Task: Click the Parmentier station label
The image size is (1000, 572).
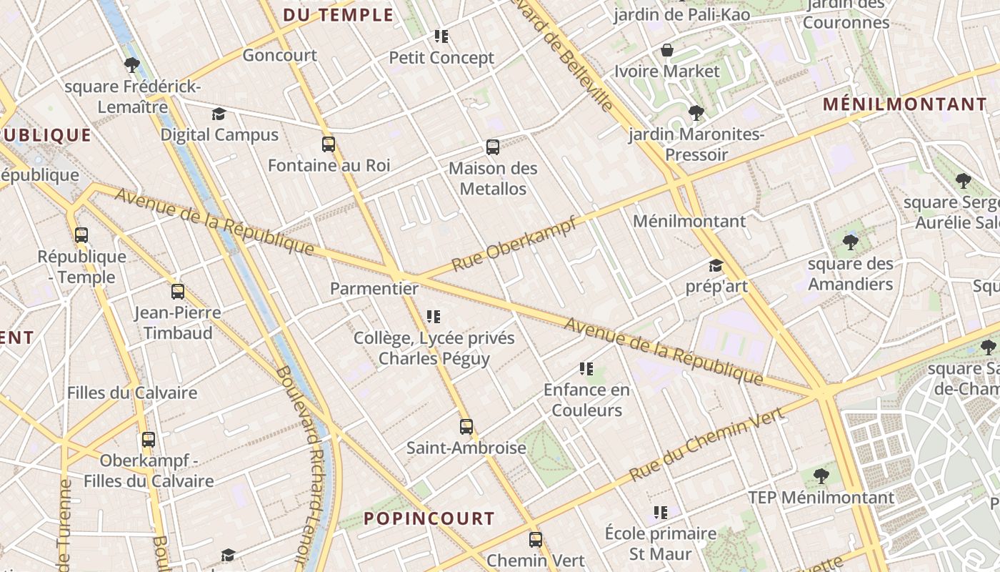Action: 374,289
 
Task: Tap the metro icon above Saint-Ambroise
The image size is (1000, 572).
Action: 466,427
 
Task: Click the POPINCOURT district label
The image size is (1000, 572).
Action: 429,518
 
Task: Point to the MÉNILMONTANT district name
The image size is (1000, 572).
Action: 905,104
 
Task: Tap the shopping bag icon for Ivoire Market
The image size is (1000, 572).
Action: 667,50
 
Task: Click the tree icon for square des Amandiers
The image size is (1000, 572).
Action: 850,242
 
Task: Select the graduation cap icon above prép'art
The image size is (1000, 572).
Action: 716,266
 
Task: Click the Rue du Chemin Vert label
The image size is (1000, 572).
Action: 707,443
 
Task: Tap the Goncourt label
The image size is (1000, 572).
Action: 280,55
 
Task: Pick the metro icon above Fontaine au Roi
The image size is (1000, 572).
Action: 329,144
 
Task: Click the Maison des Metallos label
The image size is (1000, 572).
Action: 493,179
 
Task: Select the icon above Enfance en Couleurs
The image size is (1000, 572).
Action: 586,369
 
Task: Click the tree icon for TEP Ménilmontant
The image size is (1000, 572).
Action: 821,475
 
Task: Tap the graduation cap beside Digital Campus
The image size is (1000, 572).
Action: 219,114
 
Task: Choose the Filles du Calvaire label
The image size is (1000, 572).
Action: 132,393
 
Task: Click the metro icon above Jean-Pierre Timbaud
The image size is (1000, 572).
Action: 178,292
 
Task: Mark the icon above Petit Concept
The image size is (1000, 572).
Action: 441,36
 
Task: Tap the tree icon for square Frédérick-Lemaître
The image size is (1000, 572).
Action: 132,65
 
